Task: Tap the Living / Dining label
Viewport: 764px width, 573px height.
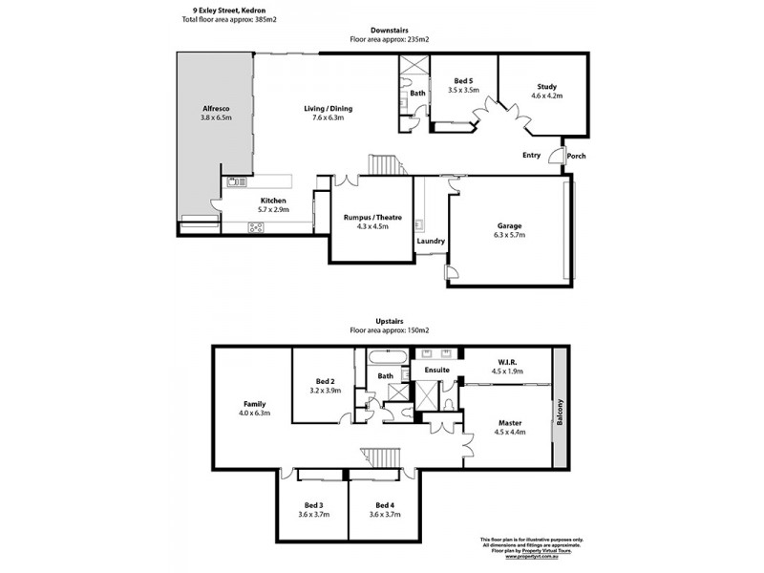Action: pos(322,109)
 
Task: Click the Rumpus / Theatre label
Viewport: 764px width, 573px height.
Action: pos(372,218)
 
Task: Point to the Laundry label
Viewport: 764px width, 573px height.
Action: pos(431,241)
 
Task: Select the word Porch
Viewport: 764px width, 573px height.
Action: pos(576,157)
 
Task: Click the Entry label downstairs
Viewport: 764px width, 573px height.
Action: pos(531,155)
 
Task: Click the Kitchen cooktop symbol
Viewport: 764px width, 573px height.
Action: pos(257,226)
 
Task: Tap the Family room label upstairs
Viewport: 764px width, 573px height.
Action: pos(254,404)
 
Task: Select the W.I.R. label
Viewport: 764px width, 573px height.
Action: pos(507,362)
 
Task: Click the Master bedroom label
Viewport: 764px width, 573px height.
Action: pos(507,422)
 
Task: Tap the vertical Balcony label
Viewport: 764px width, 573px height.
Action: pos(562,414)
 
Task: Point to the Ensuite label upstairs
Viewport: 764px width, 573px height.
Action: pos(436,370)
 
